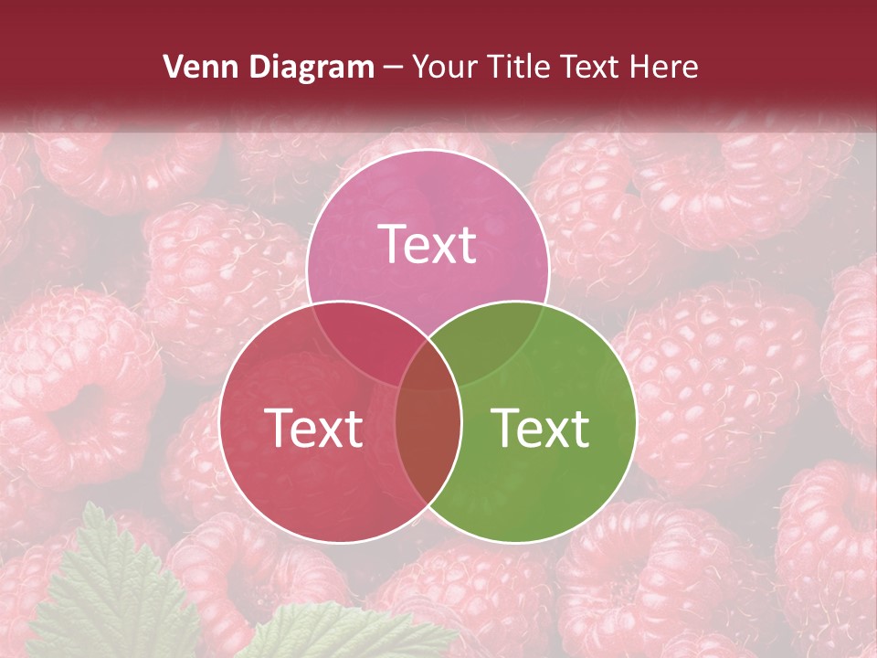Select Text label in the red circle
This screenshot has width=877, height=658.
[x=313, y=427]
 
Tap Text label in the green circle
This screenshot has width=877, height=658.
[x=540, y=427]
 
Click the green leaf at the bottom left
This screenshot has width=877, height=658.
[x=110, y=594]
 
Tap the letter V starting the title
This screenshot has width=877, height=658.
[x=173, y=67]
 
